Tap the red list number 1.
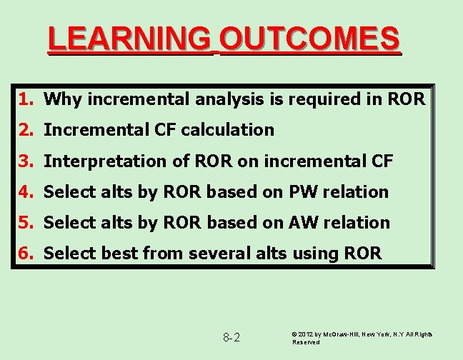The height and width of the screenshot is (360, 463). tap(25, 99)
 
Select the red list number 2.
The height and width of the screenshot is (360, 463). tap(25, 129)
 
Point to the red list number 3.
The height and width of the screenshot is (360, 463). tap(25, 161)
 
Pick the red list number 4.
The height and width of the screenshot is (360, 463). tap(25, 191)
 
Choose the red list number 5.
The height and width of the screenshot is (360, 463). tap(25, 222)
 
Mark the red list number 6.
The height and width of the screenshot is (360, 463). tap(25, 253)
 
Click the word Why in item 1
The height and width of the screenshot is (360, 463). tap(60, 99)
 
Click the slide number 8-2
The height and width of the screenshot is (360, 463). tap(231, 337)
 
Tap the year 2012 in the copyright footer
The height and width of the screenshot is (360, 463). tap(307, 334)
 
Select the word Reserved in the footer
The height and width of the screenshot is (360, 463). tap(306, 342)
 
